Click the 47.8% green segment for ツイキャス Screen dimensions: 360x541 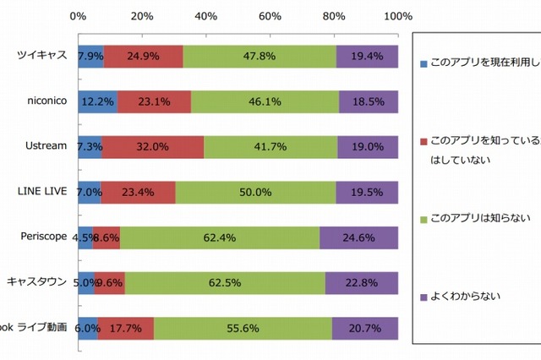(x=260, y=56)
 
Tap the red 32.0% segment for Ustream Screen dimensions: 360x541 (x=153, y=146)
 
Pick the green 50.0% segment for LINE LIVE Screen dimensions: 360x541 (x=255, y=192)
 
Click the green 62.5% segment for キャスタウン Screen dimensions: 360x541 (x=225, y=282)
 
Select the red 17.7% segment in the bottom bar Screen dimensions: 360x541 (x=126, y=328)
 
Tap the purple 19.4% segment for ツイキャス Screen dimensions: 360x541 (x=367, y=56)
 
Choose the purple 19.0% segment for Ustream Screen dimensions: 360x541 (x=368, y=146)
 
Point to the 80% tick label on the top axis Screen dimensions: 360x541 (x=334, y=15)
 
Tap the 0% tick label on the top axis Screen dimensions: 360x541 (x=78, y=15)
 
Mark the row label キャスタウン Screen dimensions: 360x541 (x=37, y=282)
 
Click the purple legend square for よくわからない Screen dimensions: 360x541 (x=424, y=297)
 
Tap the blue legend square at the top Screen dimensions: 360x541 (x=424, y=63)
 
